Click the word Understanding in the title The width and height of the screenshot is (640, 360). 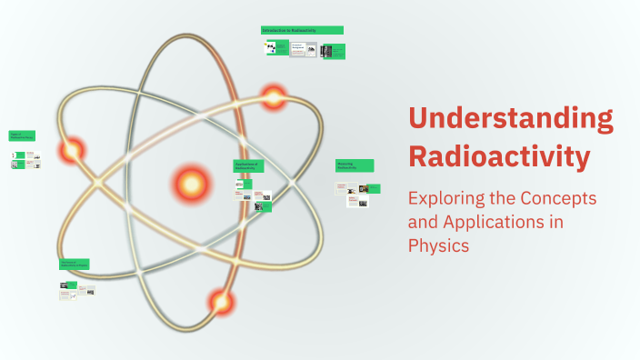click(510, 119)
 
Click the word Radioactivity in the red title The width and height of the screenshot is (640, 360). click(498, 155)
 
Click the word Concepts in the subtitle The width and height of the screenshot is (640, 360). click(562, 199)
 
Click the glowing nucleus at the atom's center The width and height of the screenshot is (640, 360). click(191, 185)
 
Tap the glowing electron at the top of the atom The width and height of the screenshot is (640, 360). click(274, 96)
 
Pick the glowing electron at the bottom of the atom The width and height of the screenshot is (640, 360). click(220, 300)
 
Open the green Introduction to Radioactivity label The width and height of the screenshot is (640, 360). click(302, 31)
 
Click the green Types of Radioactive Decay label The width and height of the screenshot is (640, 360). click(22, 135)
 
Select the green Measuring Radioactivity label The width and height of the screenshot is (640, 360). click(355, 166)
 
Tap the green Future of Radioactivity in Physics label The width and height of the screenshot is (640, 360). click(75, 265)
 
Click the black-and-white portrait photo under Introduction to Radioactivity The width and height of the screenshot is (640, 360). click(326, 52)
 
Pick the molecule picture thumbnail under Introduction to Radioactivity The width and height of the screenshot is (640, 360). click(271, 48)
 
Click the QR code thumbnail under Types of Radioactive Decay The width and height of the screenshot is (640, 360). click(15, 155)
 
